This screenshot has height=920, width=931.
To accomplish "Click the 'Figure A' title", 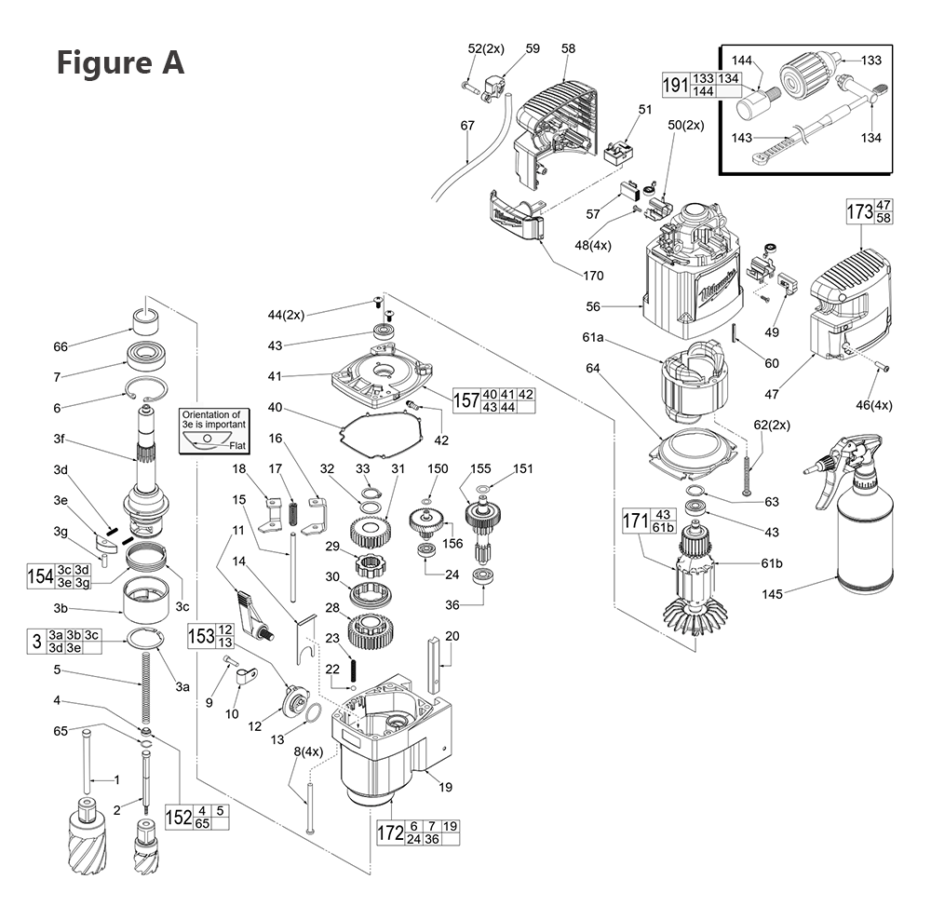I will (120, 63).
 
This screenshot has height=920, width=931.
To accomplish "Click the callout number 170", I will (592, 276).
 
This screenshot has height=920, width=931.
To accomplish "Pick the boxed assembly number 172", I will (390, 832).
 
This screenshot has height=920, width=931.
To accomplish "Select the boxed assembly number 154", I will (40, 575).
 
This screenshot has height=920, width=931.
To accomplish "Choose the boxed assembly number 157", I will (466, 399).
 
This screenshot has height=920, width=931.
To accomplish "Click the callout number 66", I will (61, 347).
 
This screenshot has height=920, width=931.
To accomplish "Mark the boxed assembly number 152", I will (179, 817).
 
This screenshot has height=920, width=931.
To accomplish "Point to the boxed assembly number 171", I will (636, 522).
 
